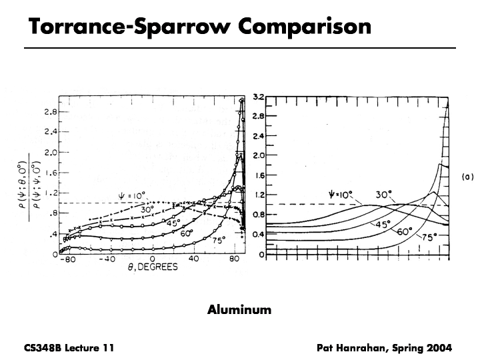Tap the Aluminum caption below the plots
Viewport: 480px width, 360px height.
(x=239, y=309)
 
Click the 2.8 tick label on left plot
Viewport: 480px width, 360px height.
(x=50, y=111)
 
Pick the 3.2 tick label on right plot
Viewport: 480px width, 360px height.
(x=259, y=97)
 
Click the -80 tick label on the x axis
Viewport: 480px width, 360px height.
(x=65, y=259)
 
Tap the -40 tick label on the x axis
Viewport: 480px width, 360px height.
(x=107, y=259)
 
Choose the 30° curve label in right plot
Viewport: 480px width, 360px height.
(x=382, y=196)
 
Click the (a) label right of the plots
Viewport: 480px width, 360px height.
(x=467, y=177)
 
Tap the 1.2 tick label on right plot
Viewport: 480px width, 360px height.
(x=259, y=195)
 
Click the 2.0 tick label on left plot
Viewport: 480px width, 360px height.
(x=50, y=152)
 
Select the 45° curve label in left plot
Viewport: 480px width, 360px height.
(x=173, y=223)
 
